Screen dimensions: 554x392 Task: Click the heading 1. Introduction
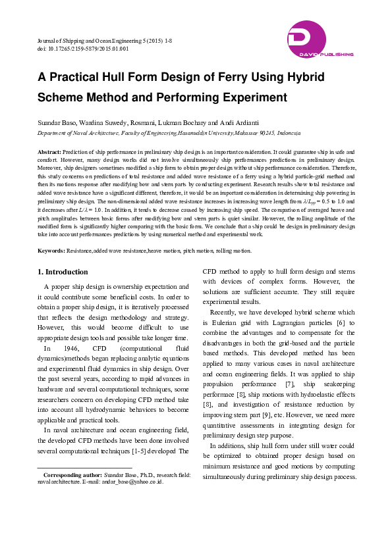click(x=63, y=272)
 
